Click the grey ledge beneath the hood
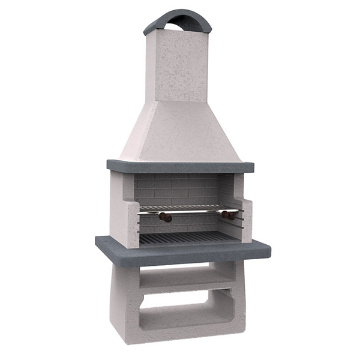[180, 166]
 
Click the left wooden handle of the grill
[164, 217]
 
